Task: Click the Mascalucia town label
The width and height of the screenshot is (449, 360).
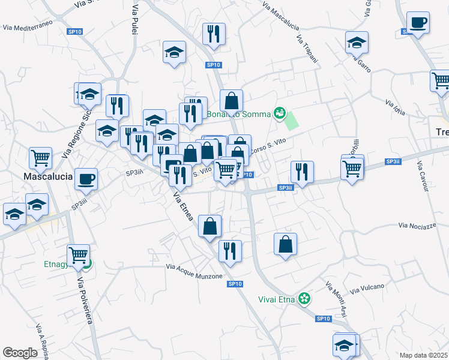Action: click(x=47, y=178)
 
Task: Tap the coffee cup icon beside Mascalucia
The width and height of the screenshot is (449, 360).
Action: click(x=86, y=178)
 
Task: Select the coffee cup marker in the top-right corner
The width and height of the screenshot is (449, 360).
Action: click(x=418, y=23)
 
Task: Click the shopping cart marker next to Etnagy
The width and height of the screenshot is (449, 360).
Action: click(x=78, y=255)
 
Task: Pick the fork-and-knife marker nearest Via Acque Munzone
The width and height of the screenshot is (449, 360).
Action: click(x=229, y=250)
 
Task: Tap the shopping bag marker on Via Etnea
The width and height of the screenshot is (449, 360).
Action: click(x=210, y=226)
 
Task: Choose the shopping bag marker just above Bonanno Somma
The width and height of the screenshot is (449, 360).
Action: click(x=231, y=100)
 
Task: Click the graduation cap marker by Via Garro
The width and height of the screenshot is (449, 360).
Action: click(x=357, y=42)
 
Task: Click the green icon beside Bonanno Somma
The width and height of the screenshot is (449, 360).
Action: click(x=279, y=112)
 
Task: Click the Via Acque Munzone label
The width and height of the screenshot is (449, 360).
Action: click(x=194, y=271)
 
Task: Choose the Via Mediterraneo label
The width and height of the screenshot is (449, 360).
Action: click(x=28, y=25)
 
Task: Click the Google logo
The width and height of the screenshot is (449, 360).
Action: click(x=20, y=353)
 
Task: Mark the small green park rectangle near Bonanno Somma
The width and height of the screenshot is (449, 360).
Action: click(x=291, y=121)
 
